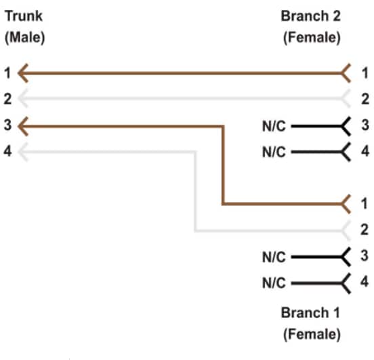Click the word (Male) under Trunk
pos(24,38)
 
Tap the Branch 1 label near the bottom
pos(310,314)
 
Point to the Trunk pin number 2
pos(7,99)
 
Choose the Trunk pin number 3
pos(7,125)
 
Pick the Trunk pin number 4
pos(7,151)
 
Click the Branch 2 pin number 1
pos(365,72)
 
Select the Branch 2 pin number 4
pos(365,151)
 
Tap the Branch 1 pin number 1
pos(365,203)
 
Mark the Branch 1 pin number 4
pos(365,282)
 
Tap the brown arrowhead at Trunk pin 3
pos(22,125)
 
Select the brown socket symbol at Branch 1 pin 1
pos(346,203)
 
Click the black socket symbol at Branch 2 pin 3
pos(346,125)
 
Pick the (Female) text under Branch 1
pos(310,334)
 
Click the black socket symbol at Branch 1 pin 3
pos(346,257)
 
